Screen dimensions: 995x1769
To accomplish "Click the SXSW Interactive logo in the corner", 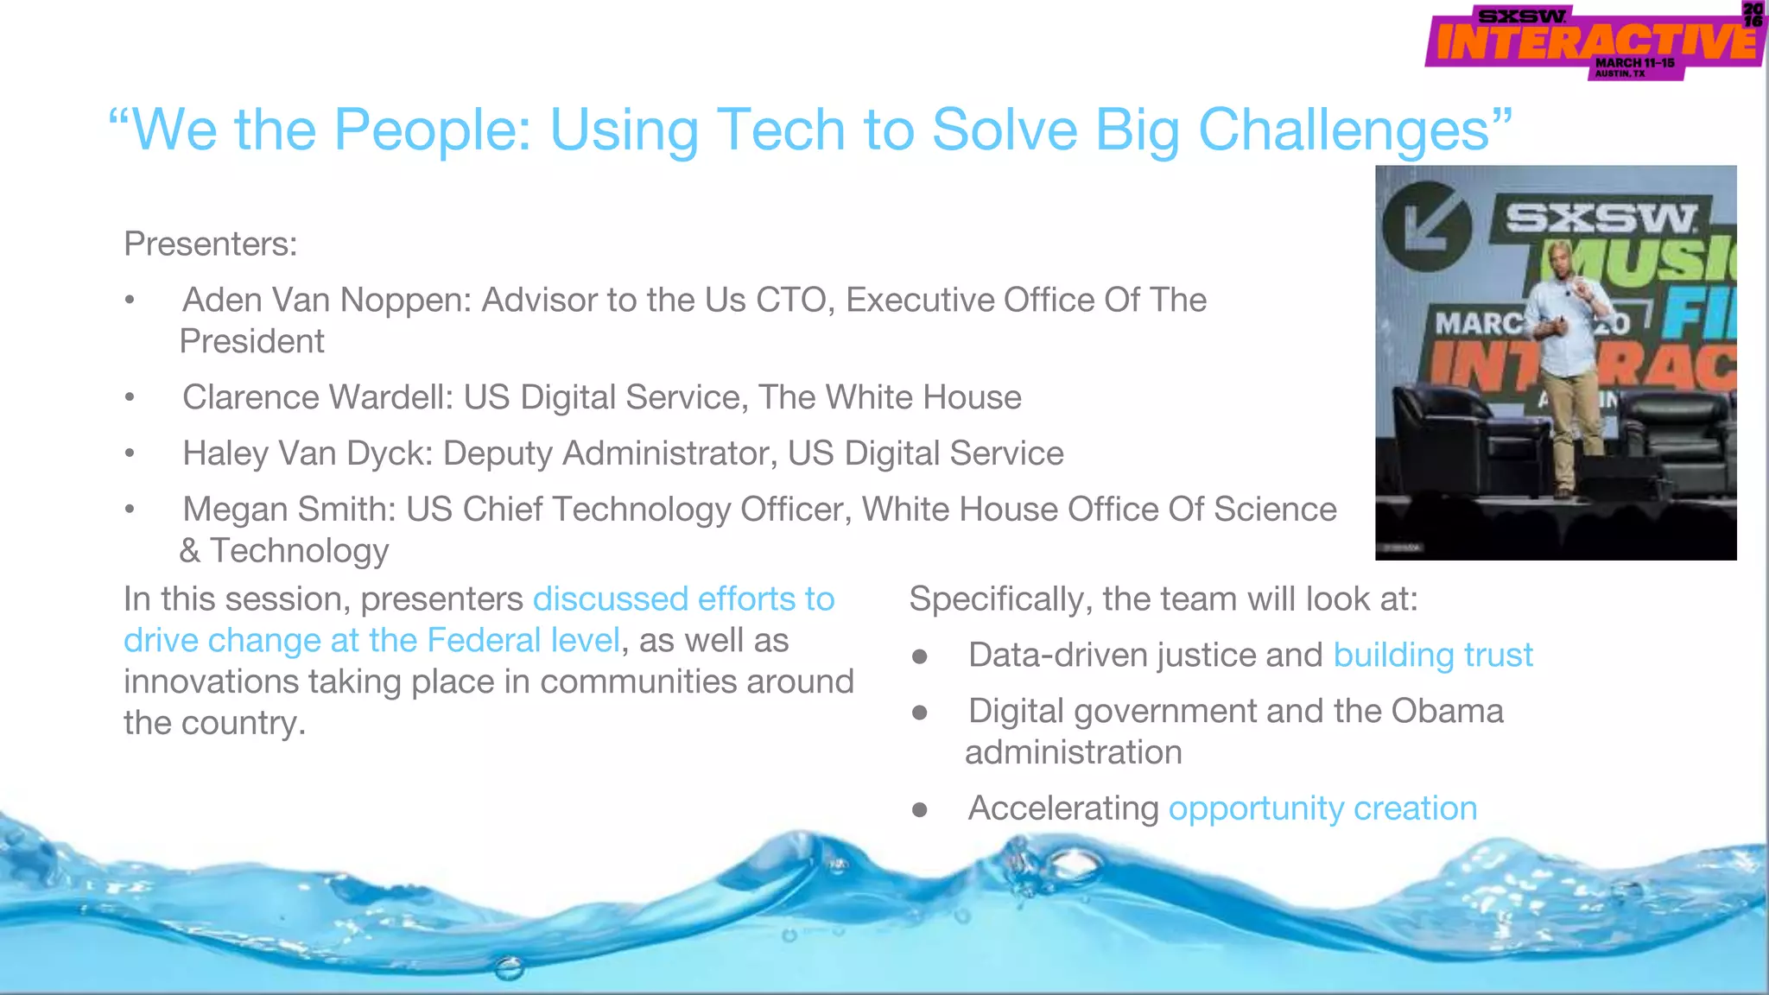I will pyautogui.click(x=1594, y=41).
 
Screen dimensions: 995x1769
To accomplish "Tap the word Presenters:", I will pyautogui.click(x=210, y=244).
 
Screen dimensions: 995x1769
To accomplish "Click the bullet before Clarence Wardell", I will pyautogui.click(x=130, y=398).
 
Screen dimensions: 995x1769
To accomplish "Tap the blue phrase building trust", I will pyautogui.click(x=1432, y=656).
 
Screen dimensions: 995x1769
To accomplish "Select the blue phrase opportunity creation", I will pyautogui.click(x=1322, y=809).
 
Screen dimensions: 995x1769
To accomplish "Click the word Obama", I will pyautogui.click(x=1447, y=712).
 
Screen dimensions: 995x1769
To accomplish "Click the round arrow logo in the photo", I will pyautogui.click(x=1426, y=226).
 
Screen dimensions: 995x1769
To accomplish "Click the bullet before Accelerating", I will pyautogui.click(x=920, y=810).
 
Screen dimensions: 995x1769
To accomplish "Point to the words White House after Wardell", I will pyautogui.click(x=923, y=398).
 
